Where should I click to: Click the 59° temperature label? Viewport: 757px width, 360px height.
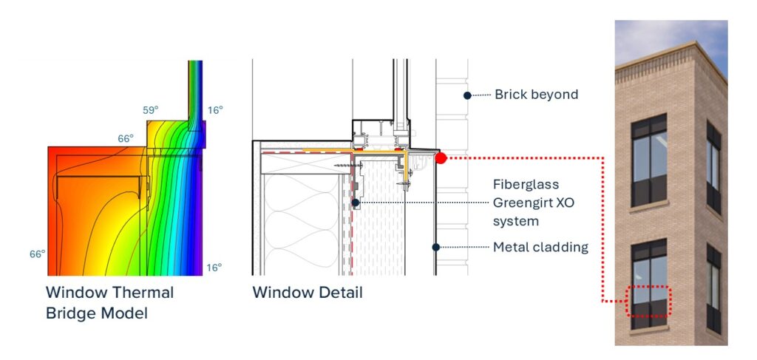(149, 111)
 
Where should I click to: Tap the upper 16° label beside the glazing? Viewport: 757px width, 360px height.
(214, 110)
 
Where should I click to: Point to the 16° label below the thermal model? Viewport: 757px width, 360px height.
(214, 268)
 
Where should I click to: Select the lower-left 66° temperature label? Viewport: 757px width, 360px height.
(38, 254)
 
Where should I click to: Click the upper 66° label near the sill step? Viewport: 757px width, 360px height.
(126, 139)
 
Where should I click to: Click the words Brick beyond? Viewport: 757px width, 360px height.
(536, 95)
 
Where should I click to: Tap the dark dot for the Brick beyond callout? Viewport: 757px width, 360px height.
(467, 95)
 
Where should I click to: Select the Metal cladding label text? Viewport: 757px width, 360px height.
(540, 247)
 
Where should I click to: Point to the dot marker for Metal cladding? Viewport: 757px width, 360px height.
(436, 247)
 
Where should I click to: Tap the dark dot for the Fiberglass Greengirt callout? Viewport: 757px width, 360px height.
(356, 202)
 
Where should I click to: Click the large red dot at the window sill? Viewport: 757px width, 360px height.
(441, 157)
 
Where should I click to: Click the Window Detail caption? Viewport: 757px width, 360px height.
(308, 292)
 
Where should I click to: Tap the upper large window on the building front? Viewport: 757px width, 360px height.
(648, 159)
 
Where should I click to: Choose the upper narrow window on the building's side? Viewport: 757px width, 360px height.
(713, 166)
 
